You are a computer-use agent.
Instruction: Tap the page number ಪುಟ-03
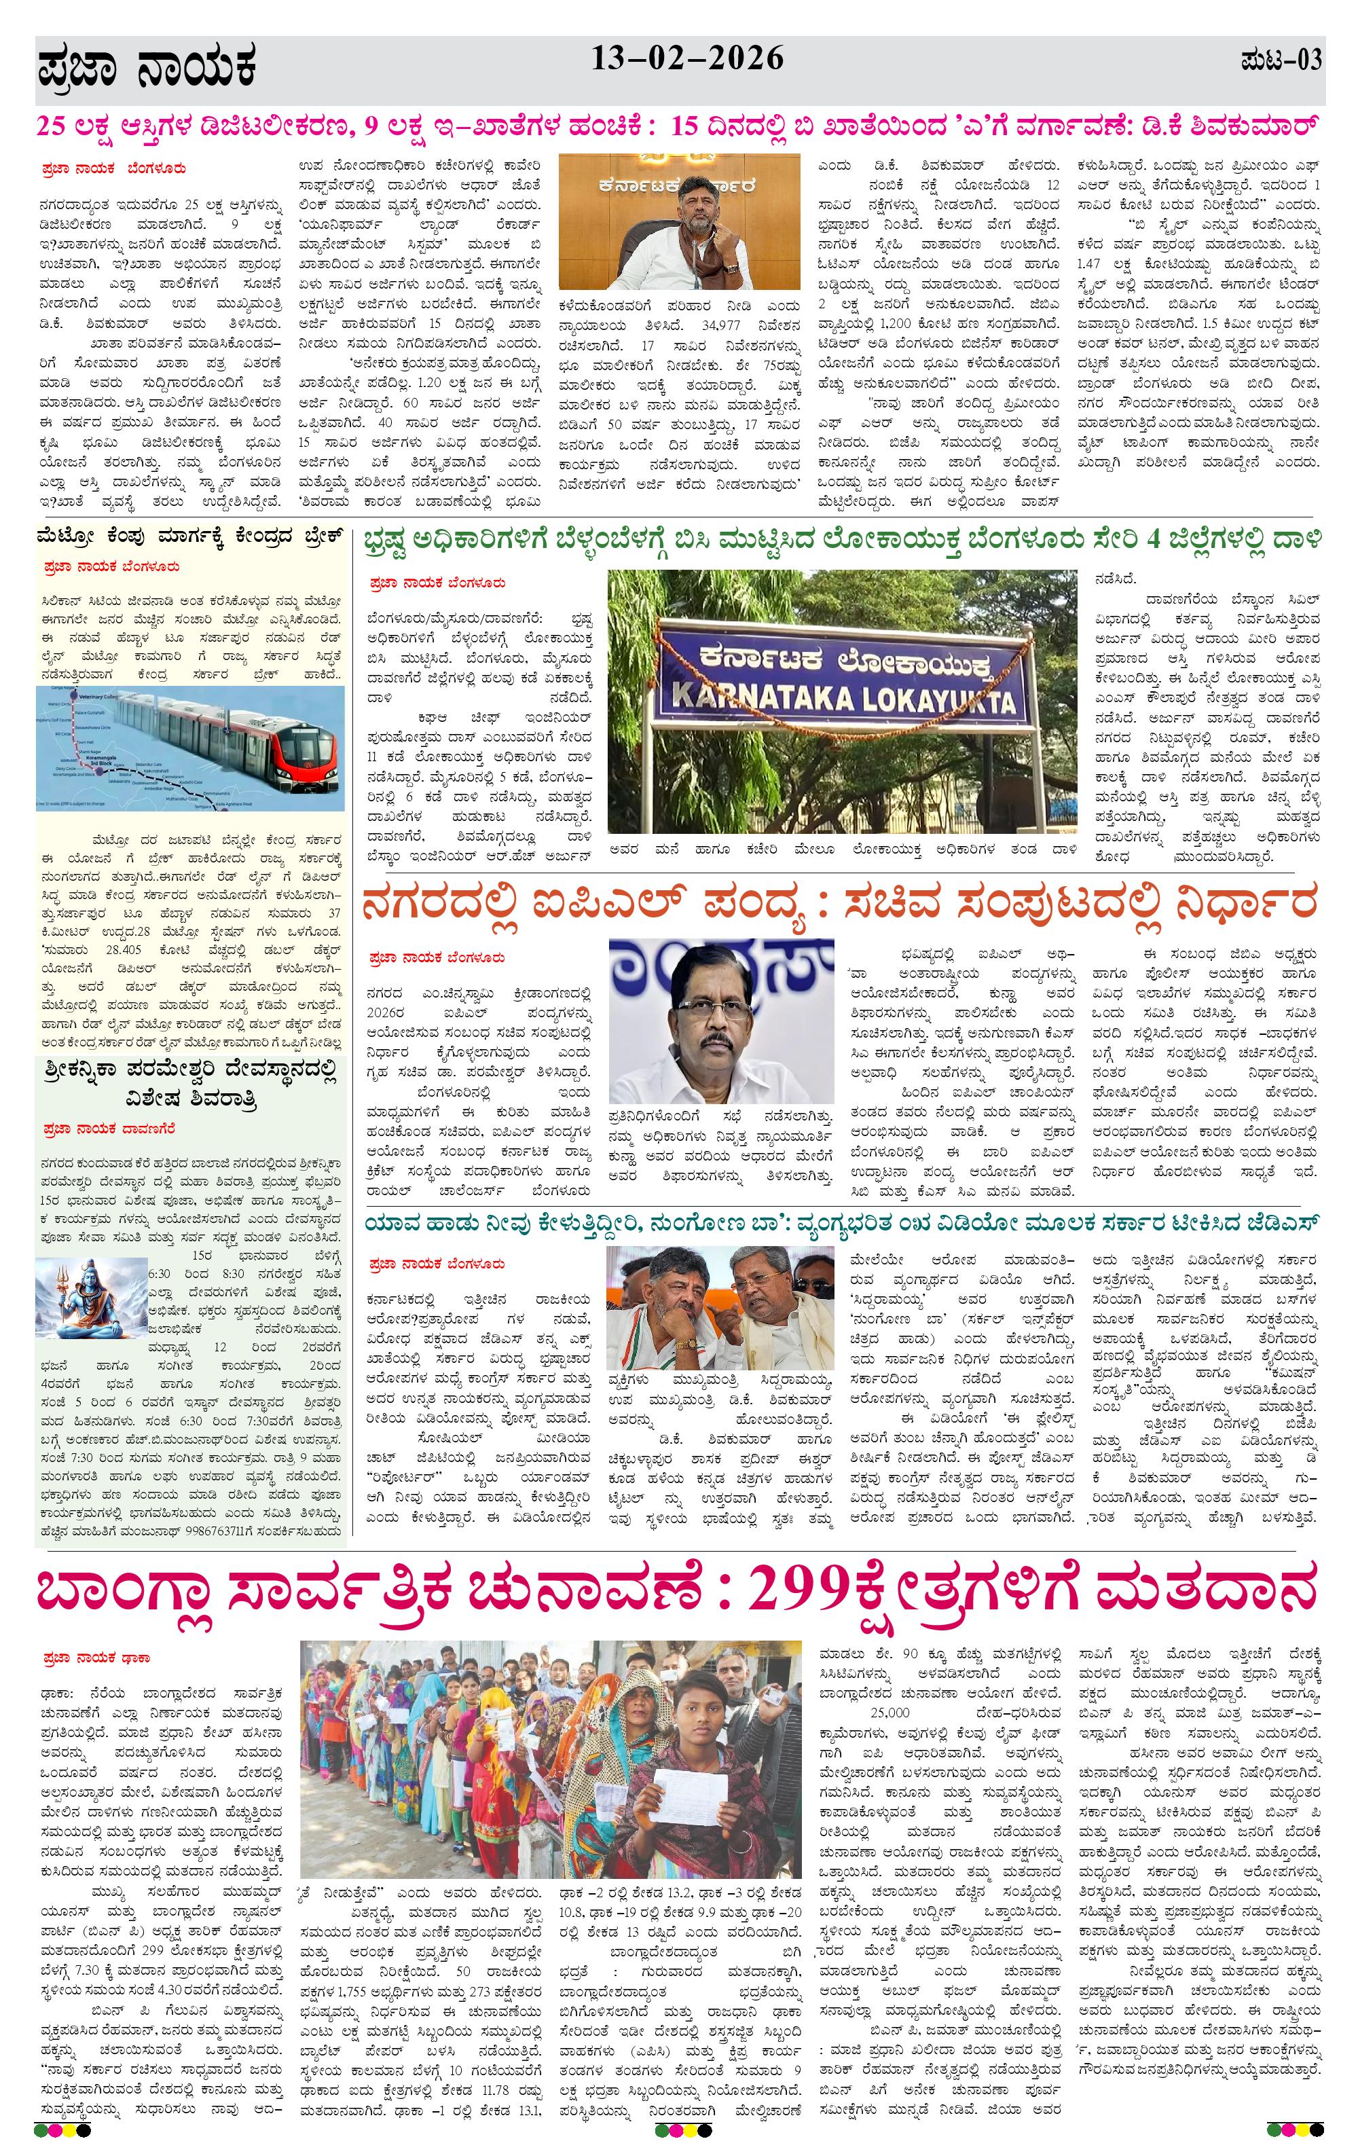coord(1280,61)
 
